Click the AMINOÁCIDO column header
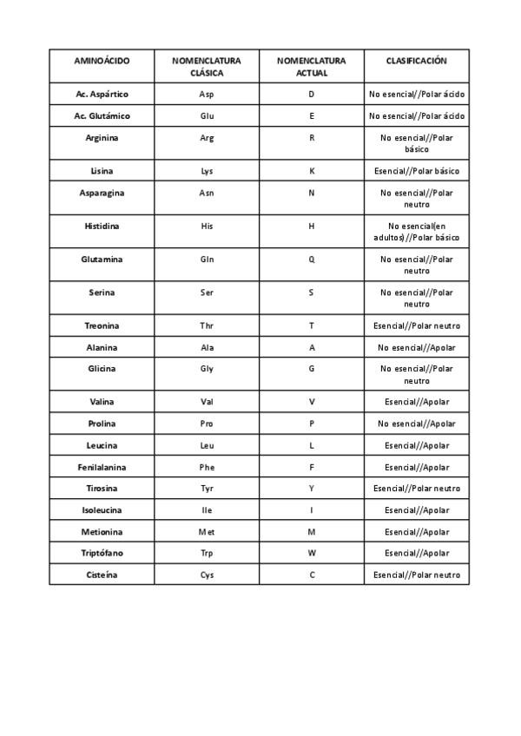(x=102, y=61)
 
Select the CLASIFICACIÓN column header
(x=417, y=61)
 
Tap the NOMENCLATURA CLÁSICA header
(x=207, y=67)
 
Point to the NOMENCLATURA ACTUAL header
(x=312, y=67)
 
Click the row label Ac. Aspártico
(x=102, y=94)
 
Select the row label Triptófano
(x=102, y=553)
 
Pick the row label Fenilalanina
(x=102, y=468)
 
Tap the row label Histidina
(x=102, y=226)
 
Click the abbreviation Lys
(x=207, y=171)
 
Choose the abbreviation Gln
(x=207, y=260)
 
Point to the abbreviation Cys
(x=207, y=575)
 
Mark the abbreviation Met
(x=207, y=532)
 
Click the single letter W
(x=312, y=553)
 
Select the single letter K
(x=312, y=171)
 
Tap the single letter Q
(x=312, y=260)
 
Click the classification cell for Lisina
(x=417, y=171)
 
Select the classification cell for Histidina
(x=417, y=232)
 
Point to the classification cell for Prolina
(x=417, y=424)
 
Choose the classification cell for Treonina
(x=417, y=326)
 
